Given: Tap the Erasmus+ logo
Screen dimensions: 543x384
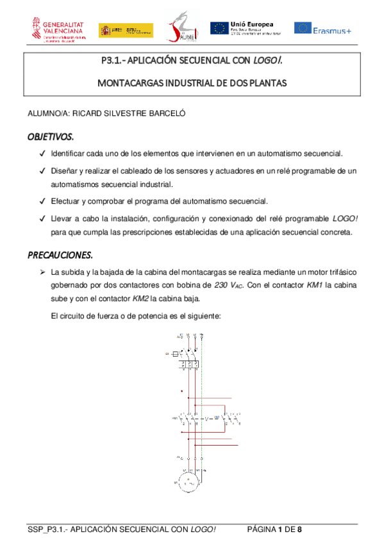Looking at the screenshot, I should (x=322, y=28).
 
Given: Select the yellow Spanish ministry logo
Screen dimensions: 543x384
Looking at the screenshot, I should (x=126, y=29).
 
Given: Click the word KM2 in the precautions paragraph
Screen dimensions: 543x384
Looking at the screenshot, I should (x=144, y=298).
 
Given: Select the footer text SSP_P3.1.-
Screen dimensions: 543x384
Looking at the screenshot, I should (x=47, y=530).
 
